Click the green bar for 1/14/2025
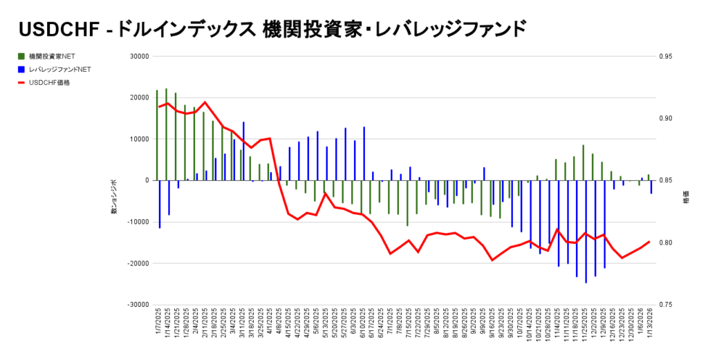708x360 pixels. (x=166, y=134)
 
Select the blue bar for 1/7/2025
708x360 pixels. (x=160, y=204)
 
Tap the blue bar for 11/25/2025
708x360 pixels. (x=586, y=231)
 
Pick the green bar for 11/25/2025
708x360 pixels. (x=583, y=162)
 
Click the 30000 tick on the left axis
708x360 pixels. (x=140, y=57)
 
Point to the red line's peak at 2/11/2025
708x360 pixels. (x=204, y=102)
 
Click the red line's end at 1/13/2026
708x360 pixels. (x=649, y=242)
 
